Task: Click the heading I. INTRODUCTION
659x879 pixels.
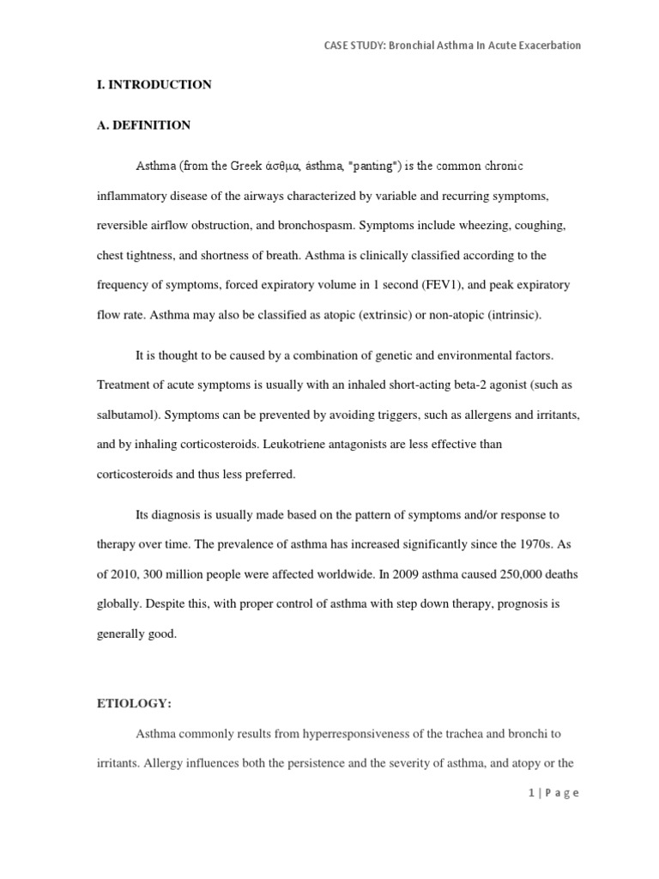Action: [x=154, y=85]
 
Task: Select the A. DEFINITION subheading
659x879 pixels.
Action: [x=143, y=125]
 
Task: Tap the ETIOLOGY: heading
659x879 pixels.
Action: [x=134, y=703]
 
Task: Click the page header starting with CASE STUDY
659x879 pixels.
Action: [x=446, y=45]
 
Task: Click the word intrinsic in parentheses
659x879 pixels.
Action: [x=512, y=315]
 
